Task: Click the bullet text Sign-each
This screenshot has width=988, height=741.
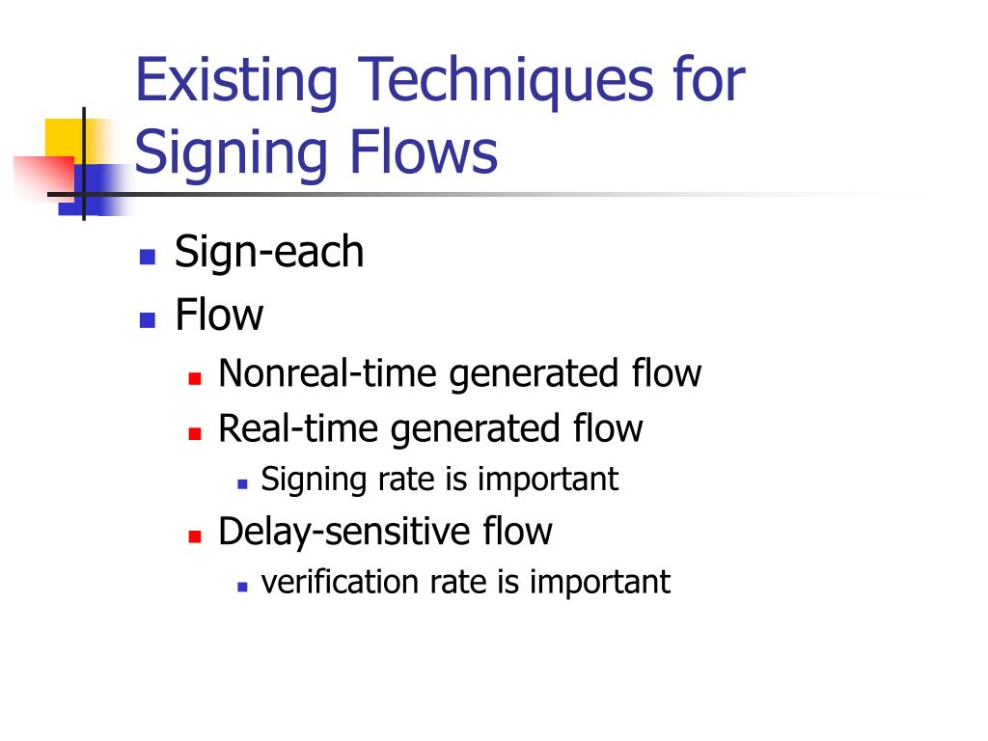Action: [269, 253]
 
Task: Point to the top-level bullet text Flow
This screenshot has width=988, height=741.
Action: [219, 315]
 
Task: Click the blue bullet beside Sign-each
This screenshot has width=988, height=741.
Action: [148, 258]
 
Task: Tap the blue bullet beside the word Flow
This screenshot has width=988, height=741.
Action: [148, 319]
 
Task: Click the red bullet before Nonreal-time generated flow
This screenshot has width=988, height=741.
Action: [195, 378]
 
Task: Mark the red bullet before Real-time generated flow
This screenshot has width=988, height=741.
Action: [195, 433]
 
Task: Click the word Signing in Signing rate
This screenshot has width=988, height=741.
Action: [314, 480]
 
